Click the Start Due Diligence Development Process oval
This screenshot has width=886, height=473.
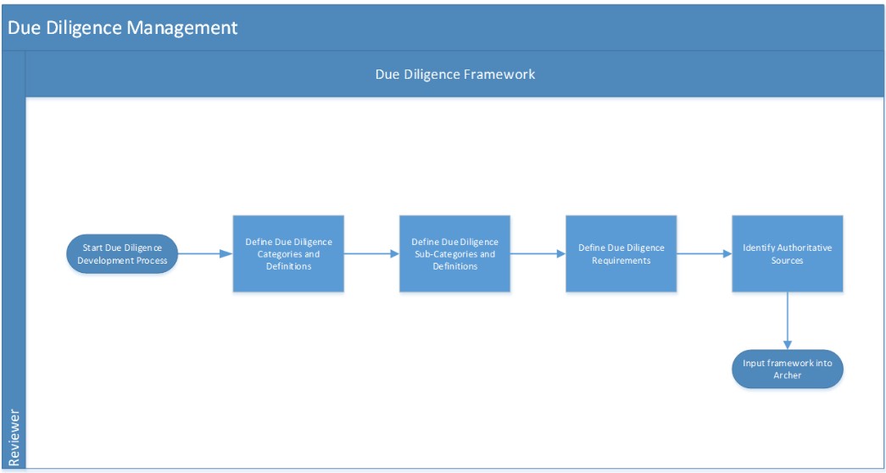pyautogui.click(x=122, y=253)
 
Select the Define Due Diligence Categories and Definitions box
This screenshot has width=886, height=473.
pyautogui.click(x=288, y=253)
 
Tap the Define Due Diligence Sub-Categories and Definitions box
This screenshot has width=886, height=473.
pyautogui.click(x=454, y=253)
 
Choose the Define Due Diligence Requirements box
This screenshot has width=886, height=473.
pyautogui.click(x=621, y=253)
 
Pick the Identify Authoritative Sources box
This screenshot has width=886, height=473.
pyautogui.click(x=788, y=253)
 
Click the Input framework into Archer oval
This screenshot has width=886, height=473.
pyautogui.click(x=788, y=369)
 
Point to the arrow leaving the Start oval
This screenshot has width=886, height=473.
pyautogui.click(x=206, y=253)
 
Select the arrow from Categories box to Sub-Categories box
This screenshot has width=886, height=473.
pyautogui.click(x=371, y=253)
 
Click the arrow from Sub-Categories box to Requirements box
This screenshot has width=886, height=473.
pyautogui.click(x=538, y=253)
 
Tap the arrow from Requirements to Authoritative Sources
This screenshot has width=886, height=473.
pyautogui.click(x=704, y=253)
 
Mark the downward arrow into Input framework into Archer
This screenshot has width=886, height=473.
pyautogui.click(x=788, y=321)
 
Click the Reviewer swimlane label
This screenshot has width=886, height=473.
pyautogui.click(x=14, y=438)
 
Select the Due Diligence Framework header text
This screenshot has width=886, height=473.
pyautogui.click(x=455, y=74)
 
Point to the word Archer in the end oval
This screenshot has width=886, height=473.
pyautogui.click(x=788, y=375)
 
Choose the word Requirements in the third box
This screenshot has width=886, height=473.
pyautogui.click(x=621, y=260)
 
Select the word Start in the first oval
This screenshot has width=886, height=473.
pyautogui.click(x=92, y=248)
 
